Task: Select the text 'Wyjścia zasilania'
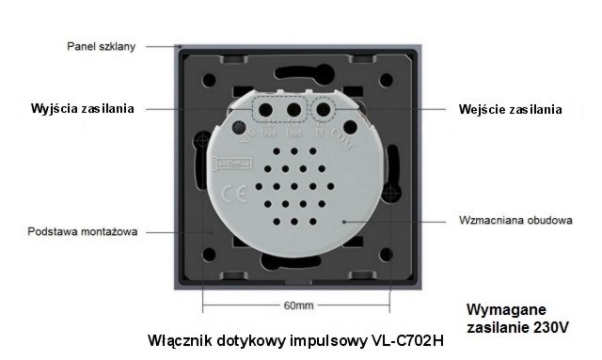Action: pyautogui.click(x=81, y=109)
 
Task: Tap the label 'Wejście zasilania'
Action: pyautogui.click(x=511, y=109)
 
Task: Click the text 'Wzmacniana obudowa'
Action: pyautogui.click(x=515, y=221)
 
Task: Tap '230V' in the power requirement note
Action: pyautogui.click(x=549, y=327)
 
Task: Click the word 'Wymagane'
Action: pyautogui.click(x=506, y=309)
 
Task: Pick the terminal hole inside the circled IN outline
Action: pyautogui.click(x=324, y=110)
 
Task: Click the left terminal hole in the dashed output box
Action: pyautogui.click(x=266, y=110)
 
